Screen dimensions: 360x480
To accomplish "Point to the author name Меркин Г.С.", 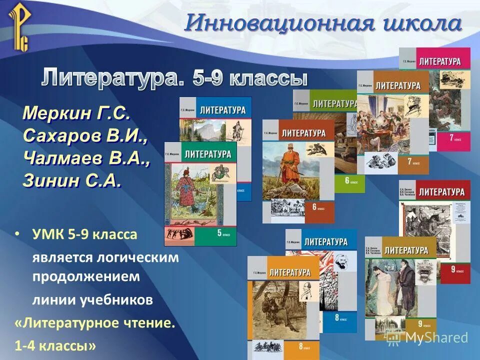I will (76, 113).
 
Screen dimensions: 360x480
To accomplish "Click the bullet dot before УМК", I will (17, 234).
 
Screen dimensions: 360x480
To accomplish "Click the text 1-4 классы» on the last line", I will (55, 345).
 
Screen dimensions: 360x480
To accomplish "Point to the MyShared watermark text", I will (436, 337).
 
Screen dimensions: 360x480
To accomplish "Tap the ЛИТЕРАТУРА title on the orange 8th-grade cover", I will (289, 272).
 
